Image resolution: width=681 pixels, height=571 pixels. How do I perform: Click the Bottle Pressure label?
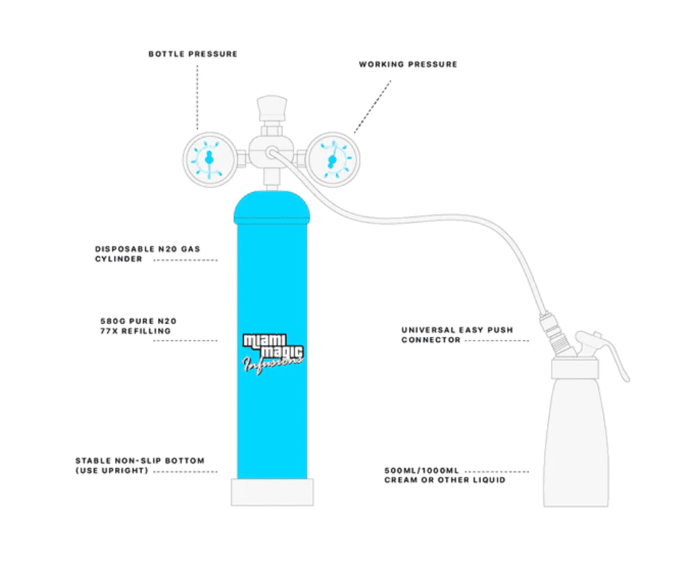click(x=193, y=54)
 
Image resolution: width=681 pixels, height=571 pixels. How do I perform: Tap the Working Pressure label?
click(x=408, y=64)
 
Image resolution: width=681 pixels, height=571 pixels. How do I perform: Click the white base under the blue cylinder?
click(x=272, y=492)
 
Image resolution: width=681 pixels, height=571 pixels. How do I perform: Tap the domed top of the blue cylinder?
click(x=272, y=207)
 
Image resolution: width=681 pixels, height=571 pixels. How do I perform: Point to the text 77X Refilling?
click(x=135, y=331)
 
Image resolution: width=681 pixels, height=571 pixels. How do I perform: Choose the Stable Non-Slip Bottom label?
click(x=140, y=460)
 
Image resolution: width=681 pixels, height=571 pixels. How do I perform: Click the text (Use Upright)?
click(x=112, y=471)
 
